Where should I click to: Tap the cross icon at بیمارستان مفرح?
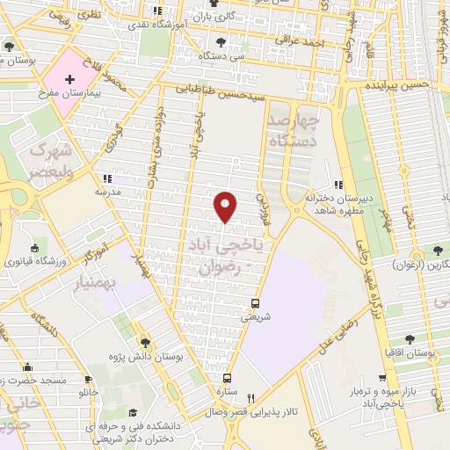tap(69, 79)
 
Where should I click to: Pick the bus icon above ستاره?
tap(227, 377)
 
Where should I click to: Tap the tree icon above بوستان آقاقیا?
tap(410, 339)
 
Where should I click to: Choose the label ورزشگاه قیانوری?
tap(38, 261)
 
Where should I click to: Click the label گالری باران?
tap(214, 17)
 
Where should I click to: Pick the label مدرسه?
tap(106, 190)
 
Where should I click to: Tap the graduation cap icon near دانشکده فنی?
tap(134, 412)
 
